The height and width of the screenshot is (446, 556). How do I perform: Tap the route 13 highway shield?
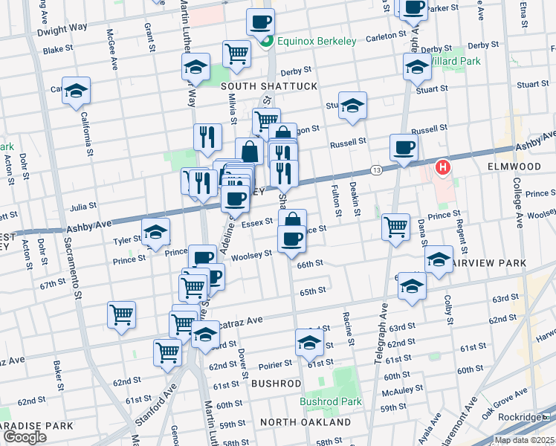coord(376,170)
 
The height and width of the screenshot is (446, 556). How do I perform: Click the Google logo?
coord(25,437)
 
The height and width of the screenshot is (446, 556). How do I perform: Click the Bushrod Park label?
coord(331,401)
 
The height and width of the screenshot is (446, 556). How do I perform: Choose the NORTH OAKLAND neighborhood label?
coord(306,422)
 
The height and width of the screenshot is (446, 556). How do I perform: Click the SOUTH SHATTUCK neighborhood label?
coord(269,86)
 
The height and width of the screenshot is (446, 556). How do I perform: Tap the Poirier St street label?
coord(278,366)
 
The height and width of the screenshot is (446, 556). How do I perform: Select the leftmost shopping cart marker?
coord(121,313)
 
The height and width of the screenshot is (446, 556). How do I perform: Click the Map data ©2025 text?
coord(524,440)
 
